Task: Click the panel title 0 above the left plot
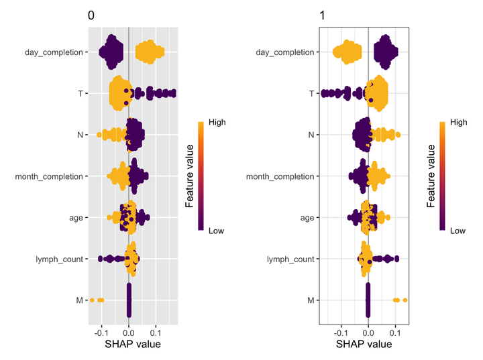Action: tap(91, 16)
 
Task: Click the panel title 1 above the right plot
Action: tap(322, 16)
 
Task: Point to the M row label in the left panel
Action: tap(79, 300)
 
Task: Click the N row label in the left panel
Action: tap(79, 135)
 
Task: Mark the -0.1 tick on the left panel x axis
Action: tap(100, 332)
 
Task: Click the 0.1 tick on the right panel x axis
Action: tap(396, 332)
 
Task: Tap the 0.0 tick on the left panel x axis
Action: tap(128, 332)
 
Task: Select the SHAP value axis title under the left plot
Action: tap(133, 345)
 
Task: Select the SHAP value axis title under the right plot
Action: tap(364, 345)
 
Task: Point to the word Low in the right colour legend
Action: tap(458, 231)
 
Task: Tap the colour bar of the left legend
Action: tap(202, 176)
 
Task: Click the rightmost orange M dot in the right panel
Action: tap(405, 300)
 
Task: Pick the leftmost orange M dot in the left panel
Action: tap(92, 300)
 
